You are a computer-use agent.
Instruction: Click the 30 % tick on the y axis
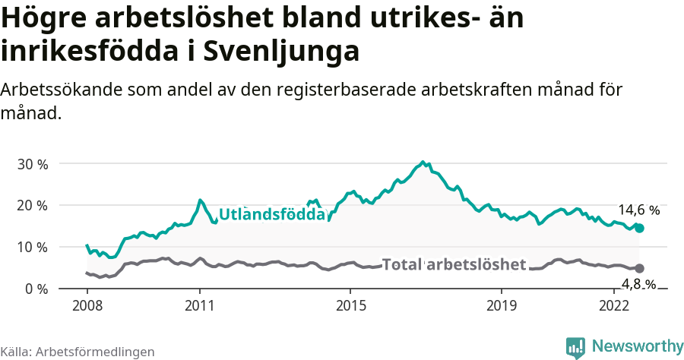33,164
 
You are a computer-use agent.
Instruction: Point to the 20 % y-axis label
33,206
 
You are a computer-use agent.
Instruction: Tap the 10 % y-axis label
33,248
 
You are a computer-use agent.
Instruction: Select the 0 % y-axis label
36,289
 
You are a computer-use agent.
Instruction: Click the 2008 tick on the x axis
87,305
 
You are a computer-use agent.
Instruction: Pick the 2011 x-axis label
200,305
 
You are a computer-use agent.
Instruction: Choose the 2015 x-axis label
350,305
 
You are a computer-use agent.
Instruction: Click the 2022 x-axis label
613,305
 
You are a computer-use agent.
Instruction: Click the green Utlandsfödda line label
272,215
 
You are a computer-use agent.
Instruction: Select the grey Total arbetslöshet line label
454,264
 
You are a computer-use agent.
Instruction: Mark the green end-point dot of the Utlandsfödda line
640,228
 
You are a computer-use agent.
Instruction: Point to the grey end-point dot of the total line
640,268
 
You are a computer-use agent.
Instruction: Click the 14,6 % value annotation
638,210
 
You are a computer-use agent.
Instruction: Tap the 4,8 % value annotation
639,285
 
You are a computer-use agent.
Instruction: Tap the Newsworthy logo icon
575,346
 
